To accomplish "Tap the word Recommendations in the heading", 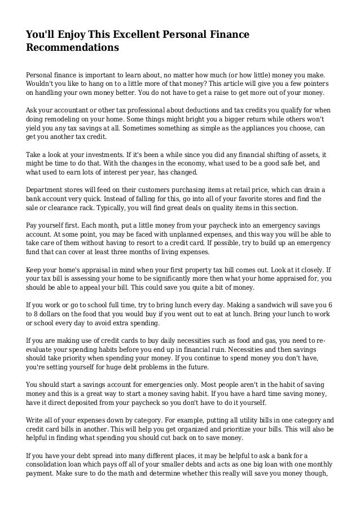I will [x=73, y=48].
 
